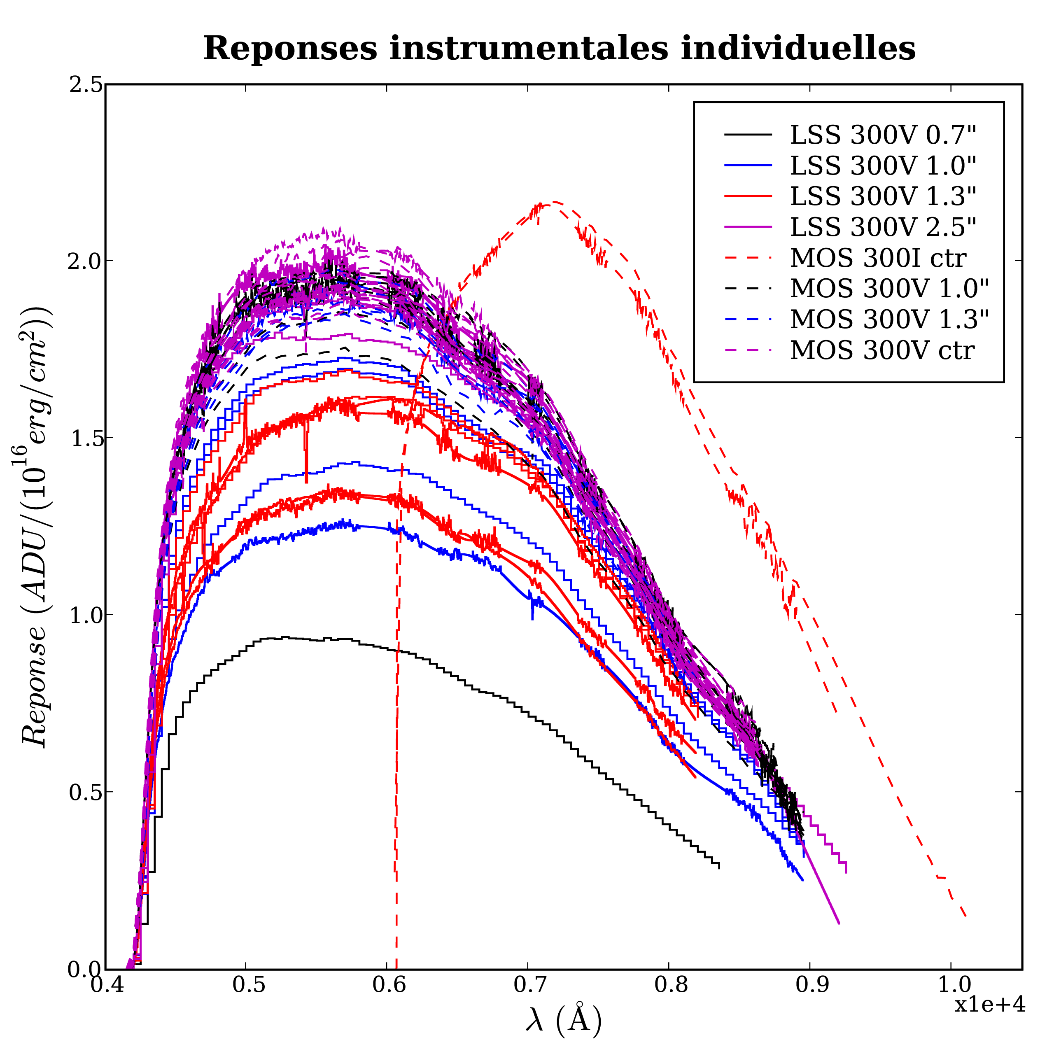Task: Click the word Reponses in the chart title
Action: click(290, 49)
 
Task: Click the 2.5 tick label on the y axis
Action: click(86, 85)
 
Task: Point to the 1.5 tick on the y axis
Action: click(86, 438)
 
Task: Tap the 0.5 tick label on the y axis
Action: click(86, 792)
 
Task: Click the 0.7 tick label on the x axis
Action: click(527, 985)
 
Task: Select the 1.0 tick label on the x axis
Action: click(950, 985)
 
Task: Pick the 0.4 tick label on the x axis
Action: click(106, 985)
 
